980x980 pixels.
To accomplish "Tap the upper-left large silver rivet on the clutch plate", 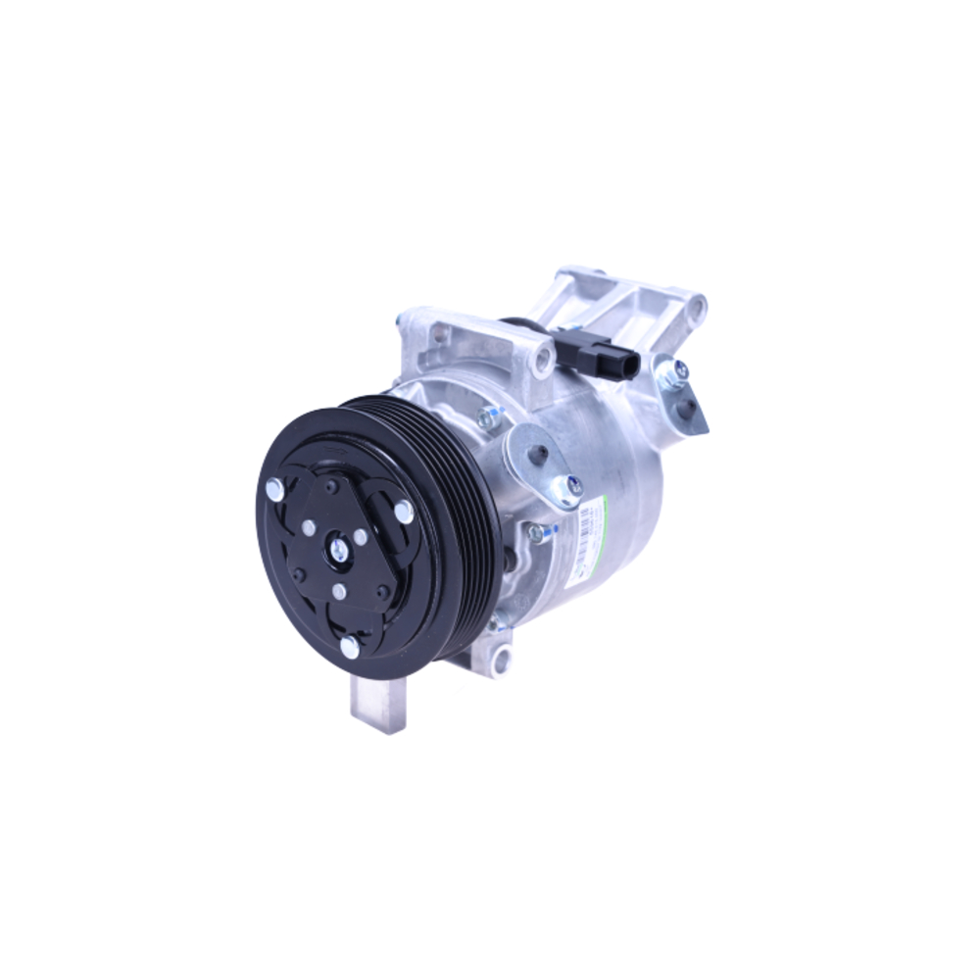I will [x=275, y=489].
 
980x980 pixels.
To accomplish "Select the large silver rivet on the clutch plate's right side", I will [x=403, y=510].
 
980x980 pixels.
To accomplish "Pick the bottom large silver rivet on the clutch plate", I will [x=350, y=646].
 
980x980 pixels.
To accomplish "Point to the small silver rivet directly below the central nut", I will [x=339, y=590].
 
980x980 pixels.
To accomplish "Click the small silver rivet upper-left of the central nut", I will [x=310, y=527].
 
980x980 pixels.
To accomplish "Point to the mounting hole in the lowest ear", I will [x=502, y=654].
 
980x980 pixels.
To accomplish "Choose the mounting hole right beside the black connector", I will [x=542, y=360].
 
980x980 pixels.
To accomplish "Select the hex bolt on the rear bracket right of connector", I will [x=675, y=370].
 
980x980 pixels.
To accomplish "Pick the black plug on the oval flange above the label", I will [x=538, y=455].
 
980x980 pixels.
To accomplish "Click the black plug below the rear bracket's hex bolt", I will [x=688, y=404].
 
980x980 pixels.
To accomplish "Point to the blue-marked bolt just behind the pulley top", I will [x=487, y=417].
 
